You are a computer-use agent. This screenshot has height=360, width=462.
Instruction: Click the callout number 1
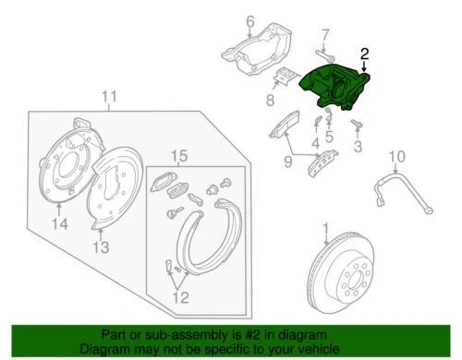click(x=325, y=227)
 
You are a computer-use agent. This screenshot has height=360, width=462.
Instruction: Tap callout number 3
click(x=359, y=147)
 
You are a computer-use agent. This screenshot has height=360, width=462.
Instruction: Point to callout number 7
click(x=323, y=36)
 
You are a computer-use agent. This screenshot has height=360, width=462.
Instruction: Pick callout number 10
click(x=399, y=155)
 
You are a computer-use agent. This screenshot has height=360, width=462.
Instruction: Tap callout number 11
click(x=110, y=96)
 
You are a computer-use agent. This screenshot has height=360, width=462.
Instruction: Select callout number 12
click(x=182, y=297)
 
